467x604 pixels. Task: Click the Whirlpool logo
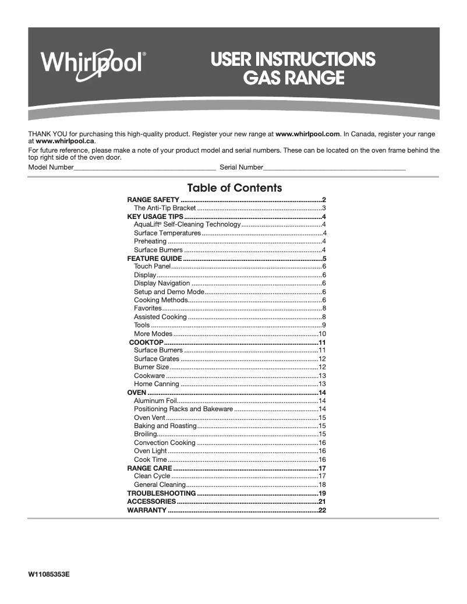click(93, 61)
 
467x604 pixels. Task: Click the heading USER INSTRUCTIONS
click(293, 59)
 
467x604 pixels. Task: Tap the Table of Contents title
click(234, 188)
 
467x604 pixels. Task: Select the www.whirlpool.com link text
click(307, 134)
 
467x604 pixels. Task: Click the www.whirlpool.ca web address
click(65, 141)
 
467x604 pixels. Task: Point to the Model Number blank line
click(144, 168)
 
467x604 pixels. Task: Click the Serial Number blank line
click(334, 168)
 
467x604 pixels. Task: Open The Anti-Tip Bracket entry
click(165, 208)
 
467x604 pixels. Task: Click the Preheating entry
click(150, 241)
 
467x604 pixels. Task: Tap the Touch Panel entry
click(152, 266)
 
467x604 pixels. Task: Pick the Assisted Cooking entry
click(160, 317)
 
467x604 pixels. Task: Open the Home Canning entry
click(157, 384)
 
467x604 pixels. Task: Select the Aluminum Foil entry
click(155, 401)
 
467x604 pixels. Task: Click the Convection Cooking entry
click(165, 443)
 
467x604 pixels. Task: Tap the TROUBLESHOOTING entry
click(161, 493)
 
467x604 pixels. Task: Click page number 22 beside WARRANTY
click(321, 510)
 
